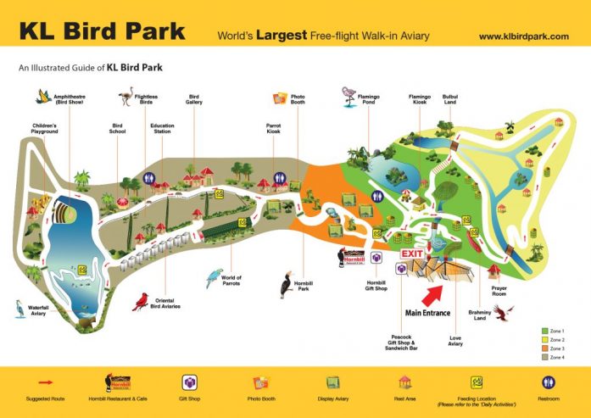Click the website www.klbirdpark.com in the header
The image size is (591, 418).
pyautogui.click(x=523, y=36)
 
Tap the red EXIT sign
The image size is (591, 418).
pyautogui.click(x=412, y=254)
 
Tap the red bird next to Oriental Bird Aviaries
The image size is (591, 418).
pyautogui.click(x=141, y=300)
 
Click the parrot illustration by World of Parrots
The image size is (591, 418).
pyautogui.click(x=214, y=277)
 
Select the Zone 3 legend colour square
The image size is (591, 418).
pyautogui.click(x=544, y=348)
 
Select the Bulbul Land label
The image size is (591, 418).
pyautogui.click(x=450, y=100)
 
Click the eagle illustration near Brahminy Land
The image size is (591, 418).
pyautogui.click(x=505, y=315)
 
